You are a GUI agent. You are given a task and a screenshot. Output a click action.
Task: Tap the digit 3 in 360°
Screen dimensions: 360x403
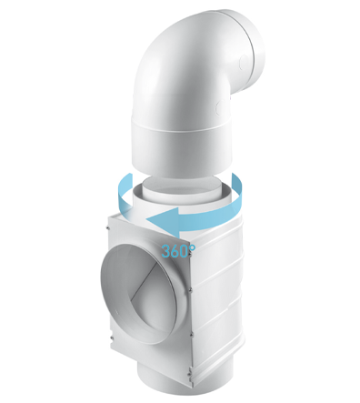pyautogui.click(x=166, y=251)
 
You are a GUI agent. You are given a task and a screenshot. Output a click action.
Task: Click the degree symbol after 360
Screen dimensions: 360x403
pyautogui.click(x=192, y=247)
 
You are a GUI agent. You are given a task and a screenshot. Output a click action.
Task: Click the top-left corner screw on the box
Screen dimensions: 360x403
pyautogui.click(x=107, y=227)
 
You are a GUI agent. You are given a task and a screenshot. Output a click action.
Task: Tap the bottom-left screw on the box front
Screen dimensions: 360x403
pyautogui.click(x=111, y=338)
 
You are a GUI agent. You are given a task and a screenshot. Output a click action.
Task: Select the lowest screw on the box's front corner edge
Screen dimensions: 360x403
pyautogui.click(x=190, y=370)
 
